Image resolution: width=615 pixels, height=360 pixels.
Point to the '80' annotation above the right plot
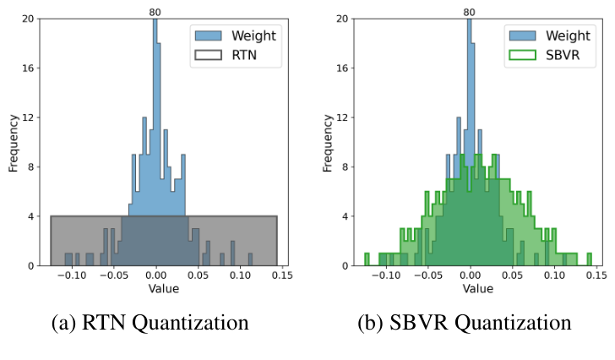pos(470,12)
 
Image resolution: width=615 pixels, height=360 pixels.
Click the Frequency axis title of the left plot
pos(14,142)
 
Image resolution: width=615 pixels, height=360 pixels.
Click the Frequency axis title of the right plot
pos(329,142)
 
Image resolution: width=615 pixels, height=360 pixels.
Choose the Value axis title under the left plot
pos(163,289)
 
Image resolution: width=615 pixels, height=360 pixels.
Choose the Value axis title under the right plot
pos(477,289)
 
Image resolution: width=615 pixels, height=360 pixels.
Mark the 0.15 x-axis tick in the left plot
pos(280,275)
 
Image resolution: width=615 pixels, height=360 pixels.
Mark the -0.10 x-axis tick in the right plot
pos(386,275)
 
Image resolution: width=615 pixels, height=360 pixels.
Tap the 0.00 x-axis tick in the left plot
pos(155,275)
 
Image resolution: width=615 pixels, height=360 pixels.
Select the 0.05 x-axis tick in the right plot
pos(512,275)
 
